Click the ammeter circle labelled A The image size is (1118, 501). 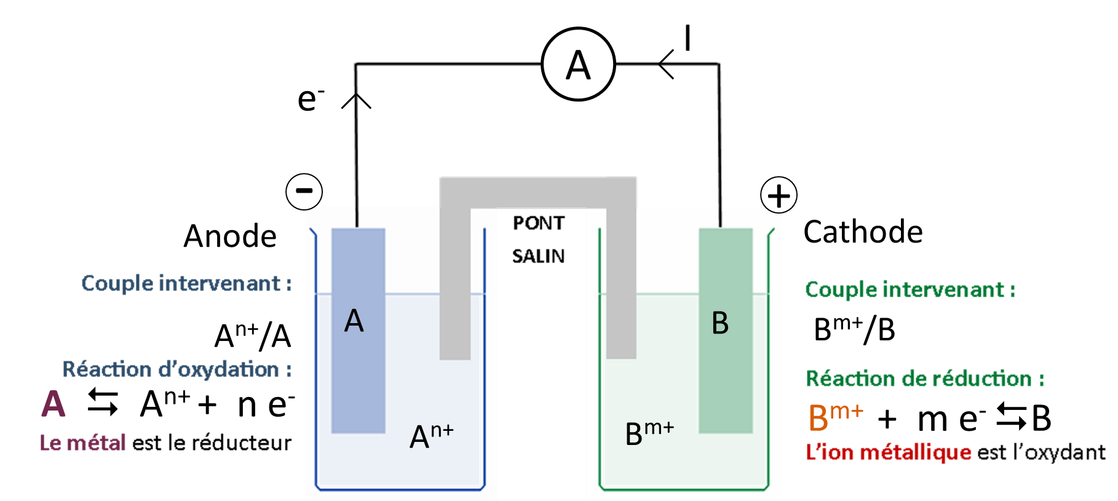tap(579, 64)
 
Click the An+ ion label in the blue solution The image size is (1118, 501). tap(431, 435)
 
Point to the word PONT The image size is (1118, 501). tap(541, 223)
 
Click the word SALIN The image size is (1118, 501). tap(541, 255)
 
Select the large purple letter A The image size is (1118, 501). tap(54, 404)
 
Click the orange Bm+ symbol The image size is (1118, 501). tap(835, 416)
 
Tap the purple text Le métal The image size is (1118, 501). tap(82, 443)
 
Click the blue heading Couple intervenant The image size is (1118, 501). tap(186, 283)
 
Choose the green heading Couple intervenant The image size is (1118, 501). tap(910, 289)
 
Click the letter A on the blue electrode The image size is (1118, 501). tap(354, 321)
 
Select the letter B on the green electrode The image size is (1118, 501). tap(720, 323)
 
